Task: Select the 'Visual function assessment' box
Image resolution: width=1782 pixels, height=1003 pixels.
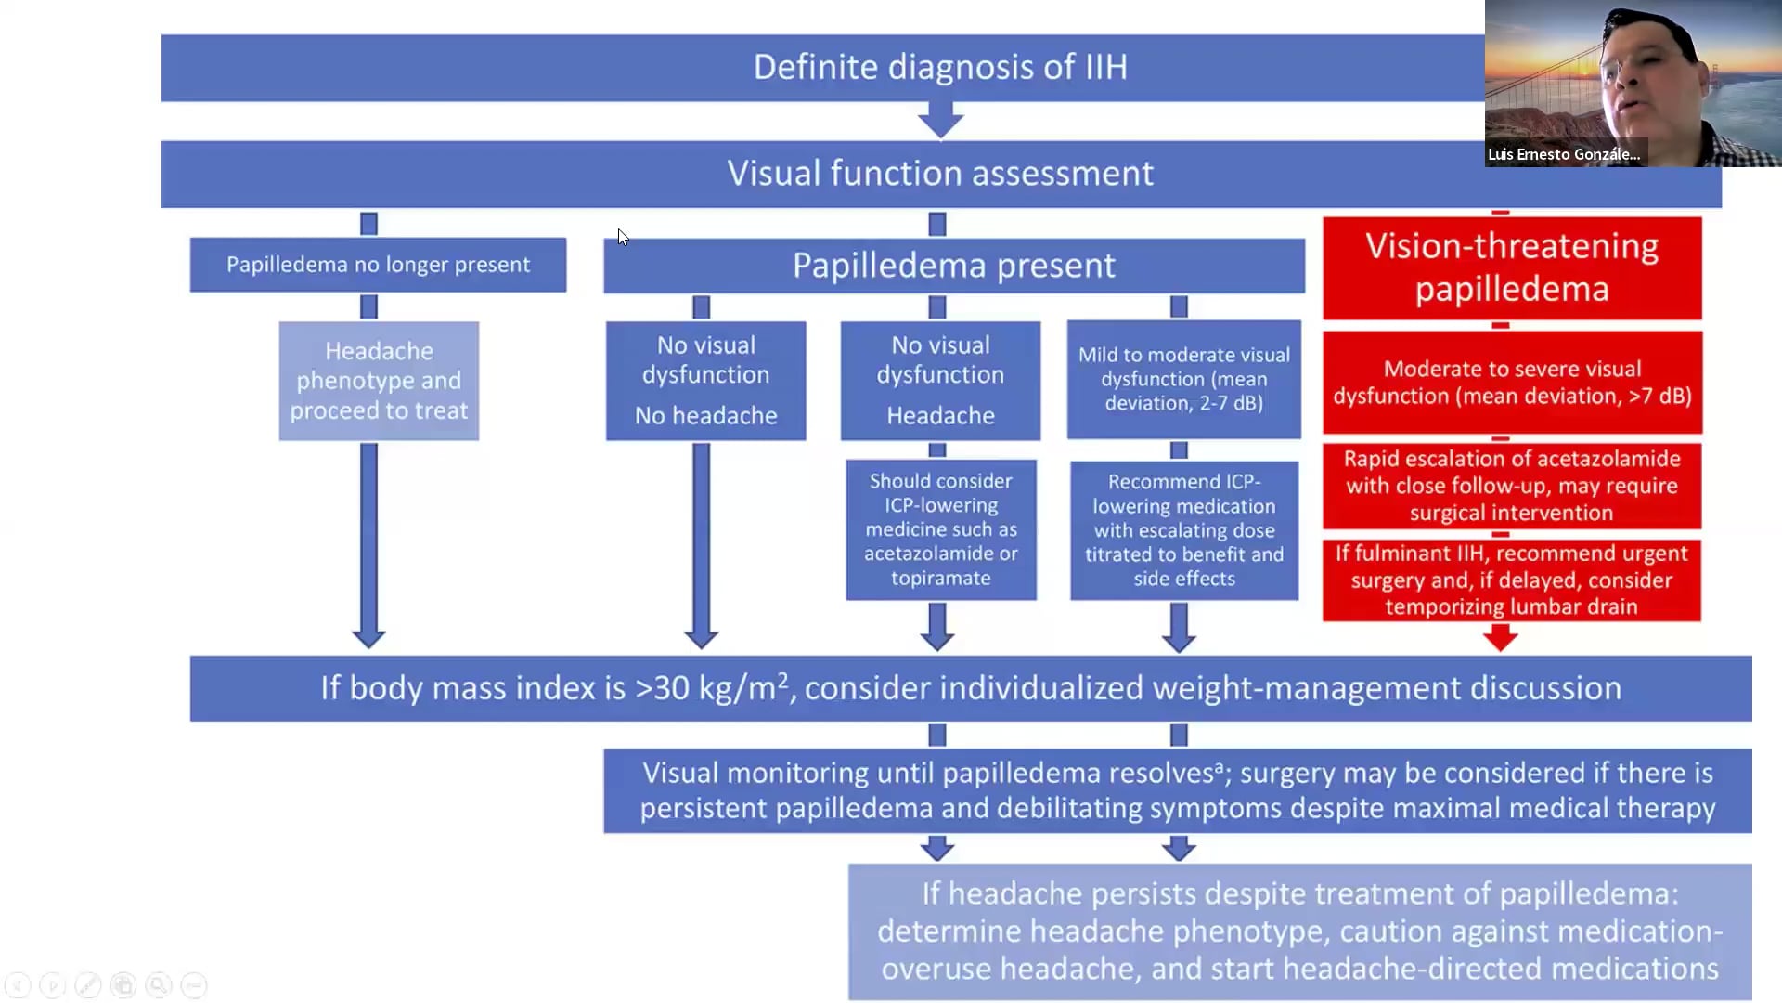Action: point(939,174)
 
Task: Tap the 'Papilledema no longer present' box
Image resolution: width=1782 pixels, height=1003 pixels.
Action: point(378,265)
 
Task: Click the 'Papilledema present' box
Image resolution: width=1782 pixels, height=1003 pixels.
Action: point(953,266)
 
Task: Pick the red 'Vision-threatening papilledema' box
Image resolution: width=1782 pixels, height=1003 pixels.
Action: point(1511,267)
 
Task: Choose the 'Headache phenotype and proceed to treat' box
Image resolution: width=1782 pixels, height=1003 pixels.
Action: point(379,381)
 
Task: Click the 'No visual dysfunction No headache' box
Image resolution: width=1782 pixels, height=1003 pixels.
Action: point(705,381)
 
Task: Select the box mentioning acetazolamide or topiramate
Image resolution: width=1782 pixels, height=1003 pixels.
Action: point(940,529)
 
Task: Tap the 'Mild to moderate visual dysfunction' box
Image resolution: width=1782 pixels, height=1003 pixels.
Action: point(1183,379)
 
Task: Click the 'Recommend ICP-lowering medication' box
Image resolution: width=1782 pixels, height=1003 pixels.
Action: point(1183,530)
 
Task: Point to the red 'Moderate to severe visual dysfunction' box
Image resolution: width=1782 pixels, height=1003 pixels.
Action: point(1512,382)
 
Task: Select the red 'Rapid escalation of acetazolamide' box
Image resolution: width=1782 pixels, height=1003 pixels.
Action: point(1511,486)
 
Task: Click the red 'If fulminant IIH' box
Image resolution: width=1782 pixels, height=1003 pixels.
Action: point(1511,580)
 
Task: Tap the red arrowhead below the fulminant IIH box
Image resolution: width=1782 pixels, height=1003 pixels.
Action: point(1500,638)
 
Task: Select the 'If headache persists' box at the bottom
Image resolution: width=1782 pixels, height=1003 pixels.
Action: point(1299,931)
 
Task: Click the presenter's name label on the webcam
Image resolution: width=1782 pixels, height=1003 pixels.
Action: point(1564,154)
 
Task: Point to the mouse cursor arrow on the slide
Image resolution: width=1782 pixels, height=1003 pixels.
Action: point(622,237)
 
